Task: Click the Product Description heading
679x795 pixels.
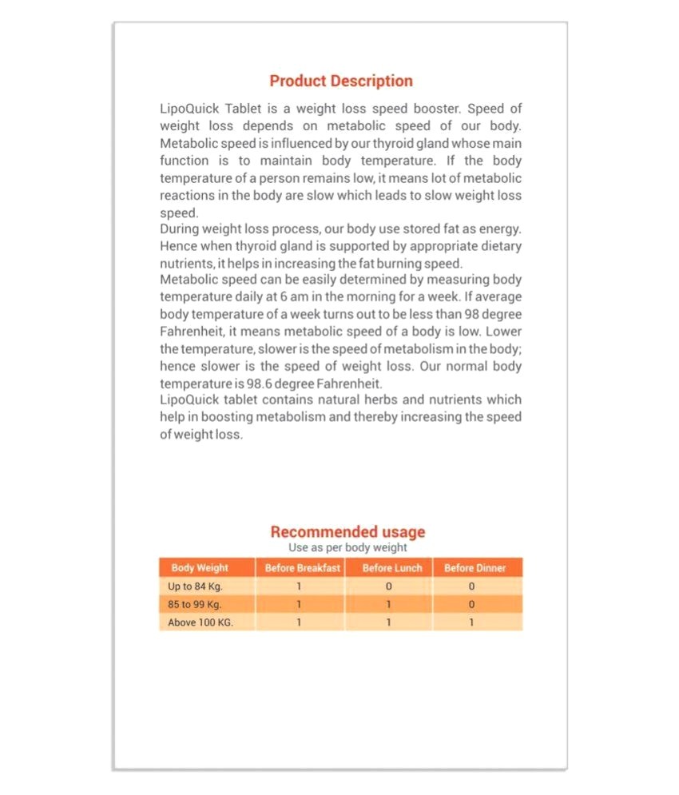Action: point(341,81)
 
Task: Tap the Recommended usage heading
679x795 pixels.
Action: point(347,532)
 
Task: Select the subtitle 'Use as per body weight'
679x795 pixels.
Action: point(347,548)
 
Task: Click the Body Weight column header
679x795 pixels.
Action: point(200,568)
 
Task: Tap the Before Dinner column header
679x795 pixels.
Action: point(475,568)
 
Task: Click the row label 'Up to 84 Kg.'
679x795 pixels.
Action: point(195,586)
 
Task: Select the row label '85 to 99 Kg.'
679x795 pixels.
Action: point(195,604)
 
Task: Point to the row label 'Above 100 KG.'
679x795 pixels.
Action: point(201,622)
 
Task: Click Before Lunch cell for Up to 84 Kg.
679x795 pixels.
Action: point(389,586)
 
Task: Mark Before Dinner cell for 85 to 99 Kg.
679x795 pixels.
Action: point(471,604)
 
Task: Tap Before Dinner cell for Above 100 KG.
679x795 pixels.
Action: point(471,622)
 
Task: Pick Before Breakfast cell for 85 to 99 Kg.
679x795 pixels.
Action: point(299,604)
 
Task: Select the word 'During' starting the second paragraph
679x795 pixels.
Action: point(179,230)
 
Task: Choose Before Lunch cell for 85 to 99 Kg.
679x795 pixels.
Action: point(389,604)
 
